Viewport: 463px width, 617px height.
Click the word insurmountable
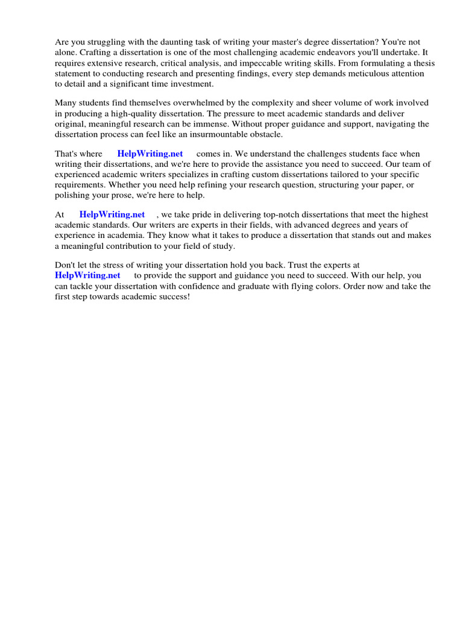(x=209, y=134)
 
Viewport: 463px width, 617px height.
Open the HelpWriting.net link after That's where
(x=150, y=154)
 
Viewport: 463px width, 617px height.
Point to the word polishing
(x=72, y=195)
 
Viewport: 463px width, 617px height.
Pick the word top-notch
(x=283, y=215)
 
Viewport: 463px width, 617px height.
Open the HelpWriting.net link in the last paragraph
(x=87, y=276)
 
